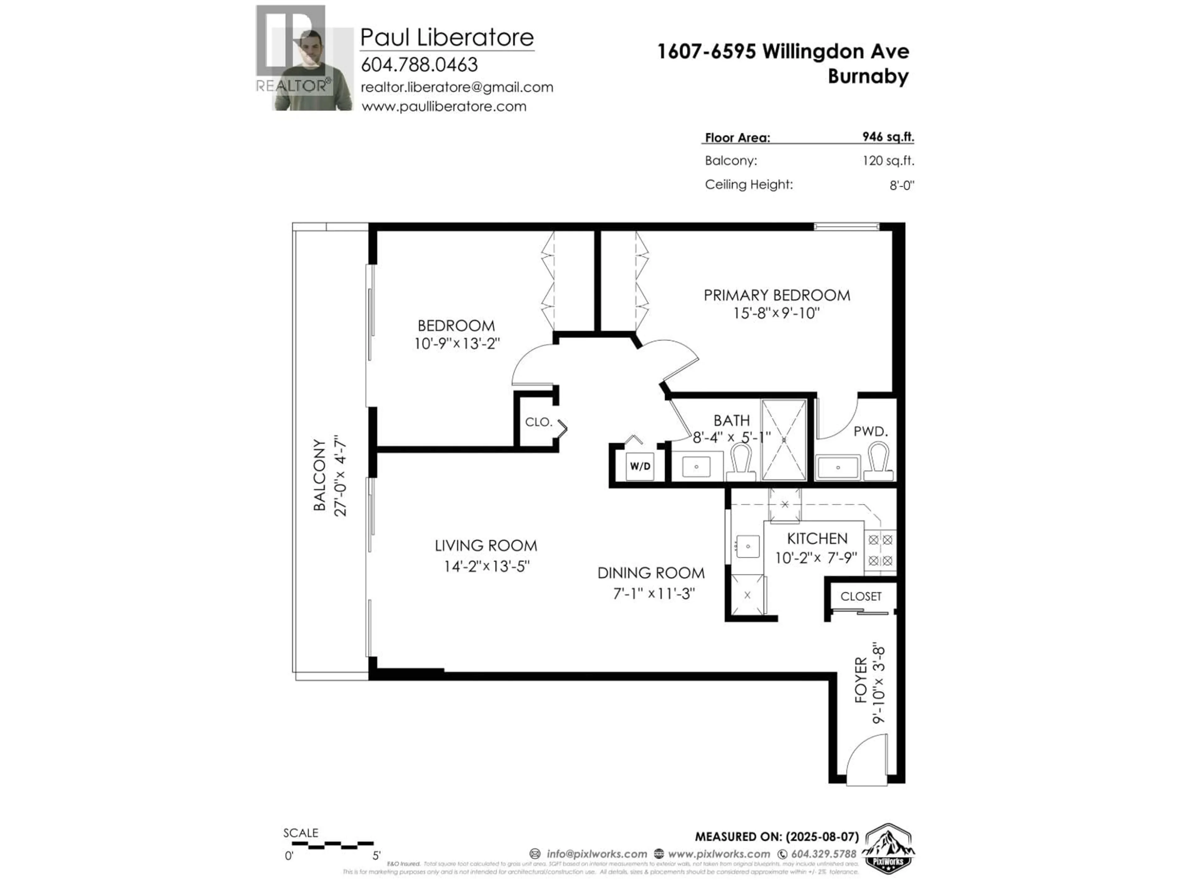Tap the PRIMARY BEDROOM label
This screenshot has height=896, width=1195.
tap(776, 296)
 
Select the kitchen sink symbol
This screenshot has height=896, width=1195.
tap(748, 547)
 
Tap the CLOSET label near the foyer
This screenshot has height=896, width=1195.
tap(860, 596)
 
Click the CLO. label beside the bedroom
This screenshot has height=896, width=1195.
tap(539, 422)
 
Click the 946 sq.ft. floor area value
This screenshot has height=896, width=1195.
tap(888, 137)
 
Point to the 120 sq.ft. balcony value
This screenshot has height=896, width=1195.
tap(888, 161)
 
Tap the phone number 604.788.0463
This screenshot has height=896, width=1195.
tap(419, 65)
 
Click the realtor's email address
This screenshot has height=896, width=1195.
tap(457, 87)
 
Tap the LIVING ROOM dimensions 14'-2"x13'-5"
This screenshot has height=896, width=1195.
tap(486, 566)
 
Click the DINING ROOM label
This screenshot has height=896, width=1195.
tap(651, 573)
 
